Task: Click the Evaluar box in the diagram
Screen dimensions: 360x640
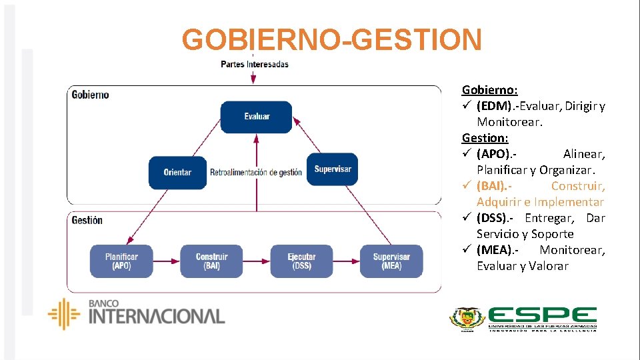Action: coord(257,117)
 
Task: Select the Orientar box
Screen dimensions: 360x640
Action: coord(177,172)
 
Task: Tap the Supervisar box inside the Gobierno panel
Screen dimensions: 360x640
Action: coord(332,169)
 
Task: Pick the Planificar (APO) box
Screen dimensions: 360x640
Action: coord(121,261)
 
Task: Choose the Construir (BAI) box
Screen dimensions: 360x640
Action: coord(211,261)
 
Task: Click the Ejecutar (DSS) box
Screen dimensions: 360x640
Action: coord(301,261)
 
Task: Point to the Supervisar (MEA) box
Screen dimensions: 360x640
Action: coord(391,261)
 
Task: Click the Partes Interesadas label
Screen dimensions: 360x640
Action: coord(255,65)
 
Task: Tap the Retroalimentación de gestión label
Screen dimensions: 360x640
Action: coord(256,173)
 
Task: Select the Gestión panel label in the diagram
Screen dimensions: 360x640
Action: coord(87,220)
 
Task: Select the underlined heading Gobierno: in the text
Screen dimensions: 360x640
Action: coord(490,90)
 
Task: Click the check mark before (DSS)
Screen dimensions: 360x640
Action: coord(467,218)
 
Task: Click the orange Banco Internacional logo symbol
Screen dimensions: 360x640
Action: coord(64,314)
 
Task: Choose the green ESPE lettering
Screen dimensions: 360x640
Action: coord(543,316)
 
